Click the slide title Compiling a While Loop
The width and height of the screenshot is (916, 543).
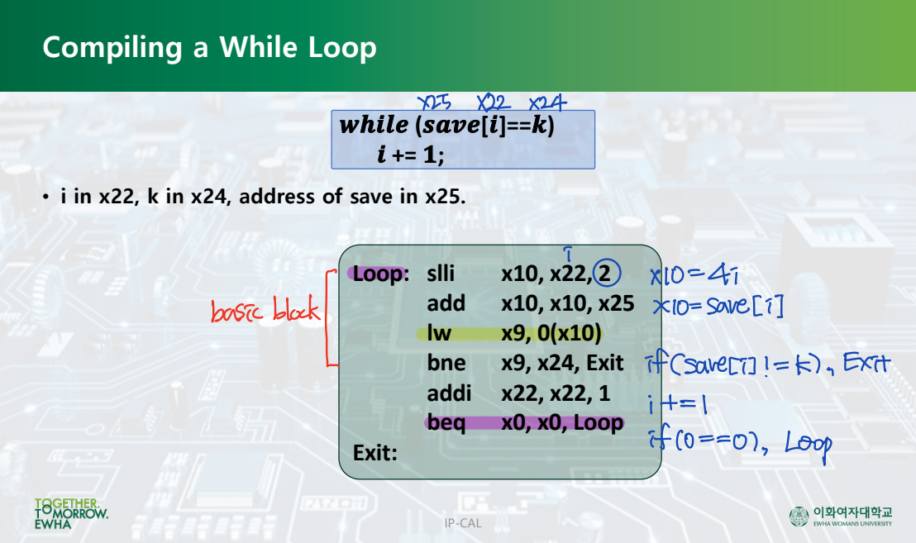coord(209,47)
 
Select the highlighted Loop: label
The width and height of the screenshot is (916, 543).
coord(380,274)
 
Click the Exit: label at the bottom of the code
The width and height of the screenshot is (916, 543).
coord(375,453)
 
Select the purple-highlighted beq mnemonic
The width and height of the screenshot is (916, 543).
coord(446,422)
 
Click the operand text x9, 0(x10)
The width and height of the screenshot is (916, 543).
coord(551,333)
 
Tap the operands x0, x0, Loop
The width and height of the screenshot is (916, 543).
coord(561,422)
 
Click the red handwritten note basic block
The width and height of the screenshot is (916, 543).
coord(264,312)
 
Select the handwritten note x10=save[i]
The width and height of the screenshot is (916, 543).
coord(717,307)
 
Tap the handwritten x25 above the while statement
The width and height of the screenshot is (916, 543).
coord(434,103)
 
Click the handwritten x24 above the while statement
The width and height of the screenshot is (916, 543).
coord(546,103)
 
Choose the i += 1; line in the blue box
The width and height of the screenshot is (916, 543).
coord(410,154)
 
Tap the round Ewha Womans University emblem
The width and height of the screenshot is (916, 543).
coord(799,517)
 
